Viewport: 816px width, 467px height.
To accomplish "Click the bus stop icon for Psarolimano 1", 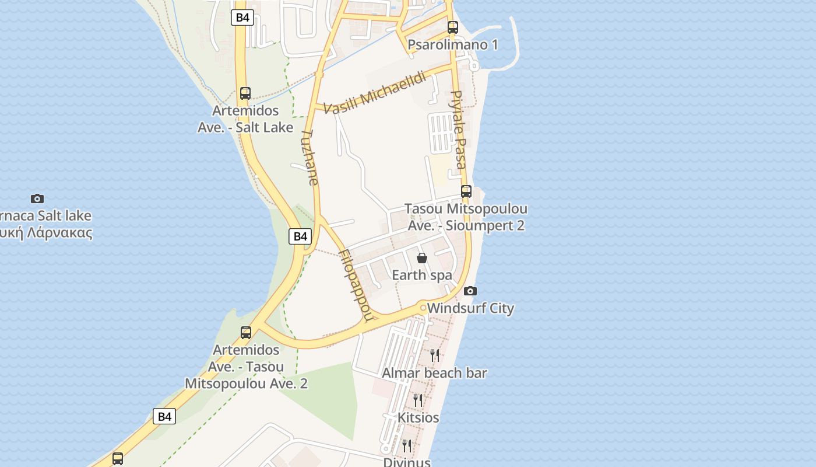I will point(453,27).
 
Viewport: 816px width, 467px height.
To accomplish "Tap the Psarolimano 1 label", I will point(453,44).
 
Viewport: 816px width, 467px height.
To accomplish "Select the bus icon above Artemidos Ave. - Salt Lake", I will point(245,93).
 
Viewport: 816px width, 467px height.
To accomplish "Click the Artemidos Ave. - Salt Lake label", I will point(245,119).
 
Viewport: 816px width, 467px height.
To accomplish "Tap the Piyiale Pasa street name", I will point(458,129).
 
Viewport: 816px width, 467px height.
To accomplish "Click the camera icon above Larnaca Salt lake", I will point(37,198).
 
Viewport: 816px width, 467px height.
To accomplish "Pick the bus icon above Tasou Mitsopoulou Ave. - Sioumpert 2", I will point(466,191).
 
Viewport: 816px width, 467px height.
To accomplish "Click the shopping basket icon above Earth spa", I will point(422,258).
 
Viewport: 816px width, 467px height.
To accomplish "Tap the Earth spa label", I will point(422,275).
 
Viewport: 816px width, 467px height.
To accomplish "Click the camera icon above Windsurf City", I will point(470,291).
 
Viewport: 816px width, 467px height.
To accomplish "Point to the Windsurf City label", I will point(470,308).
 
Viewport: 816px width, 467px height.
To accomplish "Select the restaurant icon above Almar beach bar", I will point(434,356).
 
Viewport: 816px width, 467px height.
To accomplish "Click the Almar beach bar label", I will point(434,372).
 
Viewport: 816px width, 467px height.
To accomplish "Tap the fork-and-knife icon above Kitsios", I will point(418,400).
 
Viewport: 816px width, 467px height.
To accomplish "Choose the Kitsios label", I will point(418,417).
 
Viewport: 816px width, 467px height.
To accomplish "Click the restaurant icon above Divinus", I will point(407,446).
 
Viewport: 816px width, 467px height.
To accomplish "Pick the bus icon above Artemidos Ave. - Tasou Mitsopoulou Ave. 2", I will point(246,333).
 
